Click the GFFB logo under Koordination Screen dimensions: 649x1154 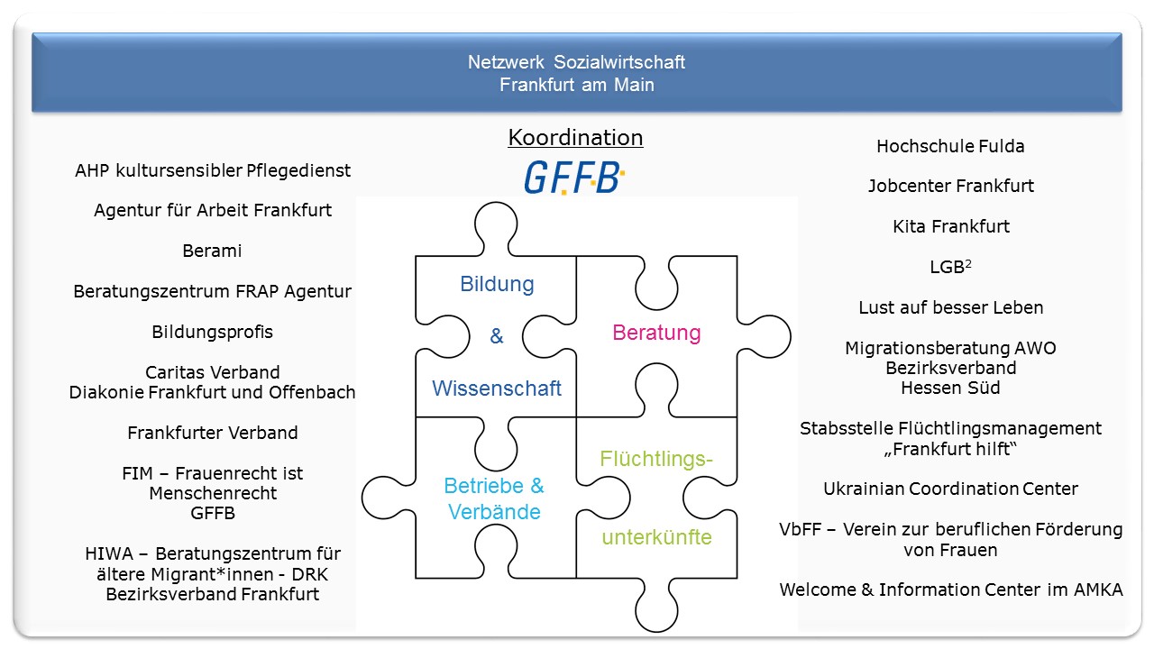click(574, 178)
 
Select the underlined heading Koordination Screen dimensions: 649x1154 click(575, 138)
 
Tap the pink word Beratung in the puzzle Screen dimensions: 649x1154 click(656, 333)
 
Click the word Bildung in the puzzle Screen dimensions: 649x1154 click(497, 284)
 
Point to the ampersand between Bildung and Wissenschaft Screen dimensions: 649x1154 click(497, 336)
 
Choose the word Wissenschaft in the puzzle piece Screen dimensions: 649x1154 click(497, 388)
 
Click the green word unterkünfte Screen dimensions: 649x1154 click(656, 538)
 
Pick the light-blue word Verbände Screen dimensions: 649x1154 click(494, 512)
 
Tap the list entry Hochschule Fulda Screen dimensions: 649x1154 click(950, 146)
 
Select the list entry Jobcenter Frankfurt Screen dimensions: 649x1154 click(950, 187)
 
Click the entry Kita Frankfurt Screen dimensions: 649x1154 click(950, 226)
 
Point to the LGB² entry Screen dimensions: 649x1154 click(950, 267)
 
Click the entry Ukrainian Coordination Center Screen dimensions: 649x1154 click(950, 489)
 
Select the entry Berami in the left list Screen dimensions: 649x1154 click(212, 251)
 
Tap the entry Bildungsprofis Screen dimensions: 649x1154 click(212, 332)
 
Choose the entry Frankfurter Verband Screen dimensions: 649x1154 click(212, 433)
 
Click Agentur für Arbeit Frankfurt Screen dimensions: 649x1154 click(213, 210)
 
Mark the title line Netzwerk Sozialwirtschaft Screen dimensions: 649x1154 click(576, 62)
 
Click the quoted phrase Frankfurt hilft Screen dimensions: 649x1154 click(950, 449)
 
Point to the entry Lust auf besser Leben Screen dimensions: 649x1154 click(950, 307)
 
